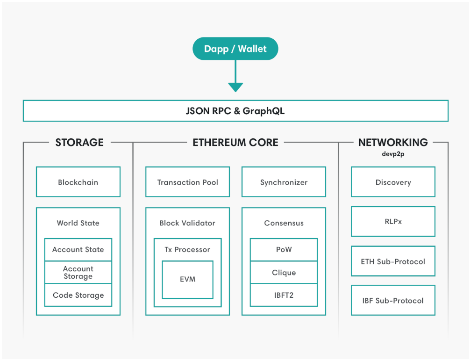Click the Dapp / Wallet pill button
point(235,49)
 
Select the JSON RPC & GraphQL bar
point(235,111)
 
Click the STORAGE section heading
point(79,142)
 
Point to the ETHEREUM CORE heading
point(235,142)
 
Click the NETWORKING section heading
point(393,142)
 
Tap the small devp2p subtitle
point(393,154)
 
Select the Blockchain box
point(78,182)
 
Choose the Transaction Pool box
point(188,182)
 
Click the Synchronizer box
point(284,182)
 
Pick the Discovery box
point(393,182)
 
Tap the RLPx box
point(393,222)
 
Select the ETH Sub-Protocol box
point(393,261)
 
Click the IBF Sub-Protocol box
point(393,300)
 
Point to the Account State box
point(78,250)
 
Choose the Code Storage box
point(78,295)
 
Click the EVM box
point(188,280)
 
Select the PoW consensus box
point(284,250)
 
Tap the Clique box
point(284,273)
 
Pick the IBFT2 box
point(284,295)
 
